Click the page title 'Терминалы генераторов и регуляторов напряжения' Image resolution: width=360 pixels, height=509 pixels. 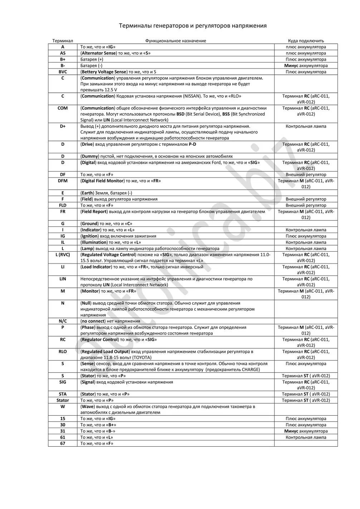193,26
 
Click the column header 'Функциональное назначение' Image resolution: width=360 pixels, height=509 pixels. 175,41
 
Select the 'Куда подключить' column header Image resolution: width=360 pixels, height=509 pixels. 306,41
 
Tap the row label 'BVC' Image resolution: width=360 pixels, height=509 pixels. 63,72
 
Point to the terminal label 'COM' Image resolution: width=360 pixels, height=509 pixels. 63,108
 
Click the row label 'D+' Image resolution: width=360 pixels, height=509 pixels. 63,126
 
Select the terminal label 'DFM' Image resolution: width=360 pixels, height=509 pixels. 63,181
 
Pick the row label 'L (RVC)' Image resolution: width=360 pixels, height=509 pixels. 63,255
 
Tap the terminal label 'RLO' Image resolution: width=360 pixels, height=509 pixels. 63,352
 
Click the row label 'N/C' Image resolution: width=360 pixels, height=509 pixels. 63,321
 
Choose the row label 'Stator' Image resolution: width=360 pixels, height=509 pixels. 63,401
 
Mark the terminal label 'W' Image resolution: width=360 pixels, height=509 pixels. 63,407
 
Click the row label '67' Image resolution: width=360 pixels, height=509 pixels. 63,443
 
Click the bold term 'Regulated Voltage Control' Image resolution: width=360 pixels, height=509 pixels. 108,255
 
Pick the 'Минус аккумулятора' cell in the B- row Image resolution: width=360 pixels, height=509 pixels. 306,66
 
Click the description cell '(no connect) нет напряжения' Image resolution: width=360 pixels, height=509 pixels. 110,321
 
